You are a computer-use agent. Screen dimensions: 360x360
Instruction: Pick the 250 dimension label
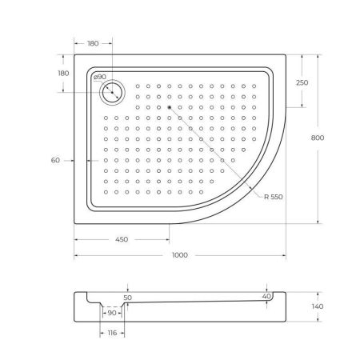pos(302,83)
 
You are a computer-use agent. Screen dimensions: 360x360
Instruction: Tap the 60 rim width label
pos(55,161)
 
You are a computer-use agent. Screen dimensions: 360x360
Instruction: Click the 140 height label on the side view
pos(317,306)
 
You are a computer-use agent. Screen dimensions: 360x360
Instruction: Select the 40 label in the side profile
pos(266,297)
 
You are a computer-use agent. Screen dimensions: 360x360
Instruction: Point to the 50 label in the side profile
pos(127,297)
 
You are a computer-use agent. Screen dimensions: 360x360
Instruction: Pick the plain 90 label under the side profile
pos(114,312)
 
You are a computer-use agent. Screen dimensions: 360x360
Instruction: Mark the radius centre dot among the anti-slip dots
pos(170,106)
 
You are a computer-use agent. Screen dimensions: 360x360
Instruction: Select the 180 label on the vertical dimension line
pos(63,73)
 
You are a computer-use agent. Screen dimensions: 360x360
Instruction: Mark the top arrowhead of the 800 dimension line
pos(320,56)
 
